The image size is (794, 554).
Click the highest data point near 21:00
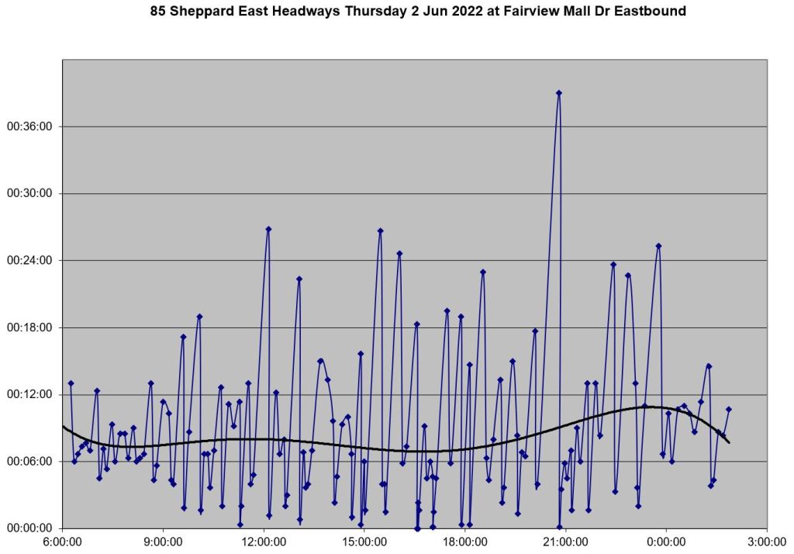tap(558, 93)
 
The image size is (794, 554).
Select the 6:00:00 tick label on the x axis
tap(63, 542)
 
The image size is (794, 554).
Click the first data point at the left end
tap(71, 383)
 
